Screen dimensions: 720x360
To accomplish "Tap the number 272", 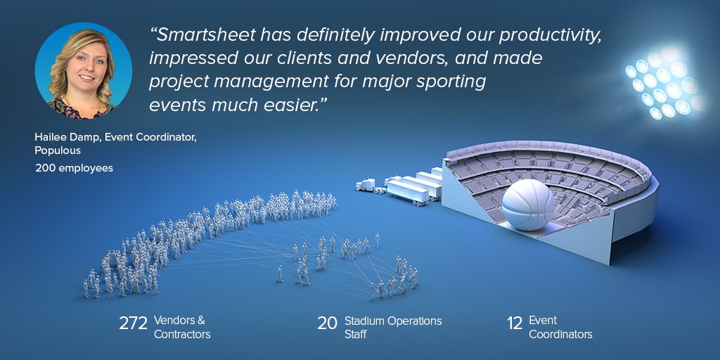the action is (133, 323).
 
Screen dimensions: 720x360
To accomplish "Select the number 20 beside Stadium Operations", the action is (328, 323).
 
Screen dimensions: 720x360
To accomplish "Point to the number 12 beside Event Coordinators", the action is (515, 323).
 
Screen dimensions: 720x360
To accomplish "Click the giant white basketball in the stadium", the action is (528, 205).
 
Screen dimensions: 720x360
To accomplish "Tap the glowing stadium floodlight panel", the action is (664, 83).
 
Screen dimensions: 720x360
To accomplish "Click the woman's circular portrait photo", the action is (84, 70).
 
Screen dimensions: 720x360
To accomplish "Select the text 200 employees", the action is (74, 169).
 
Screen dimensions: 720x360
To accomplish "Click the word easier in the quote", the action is (297, 105).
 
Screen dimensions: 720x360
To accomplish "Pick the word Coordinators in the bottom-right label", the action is (560, 334).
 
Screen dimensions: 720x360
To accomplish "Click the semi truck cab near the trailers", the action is (366, 185).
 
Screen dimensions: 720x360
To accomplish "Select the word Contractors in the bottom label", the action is (182, 334).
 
